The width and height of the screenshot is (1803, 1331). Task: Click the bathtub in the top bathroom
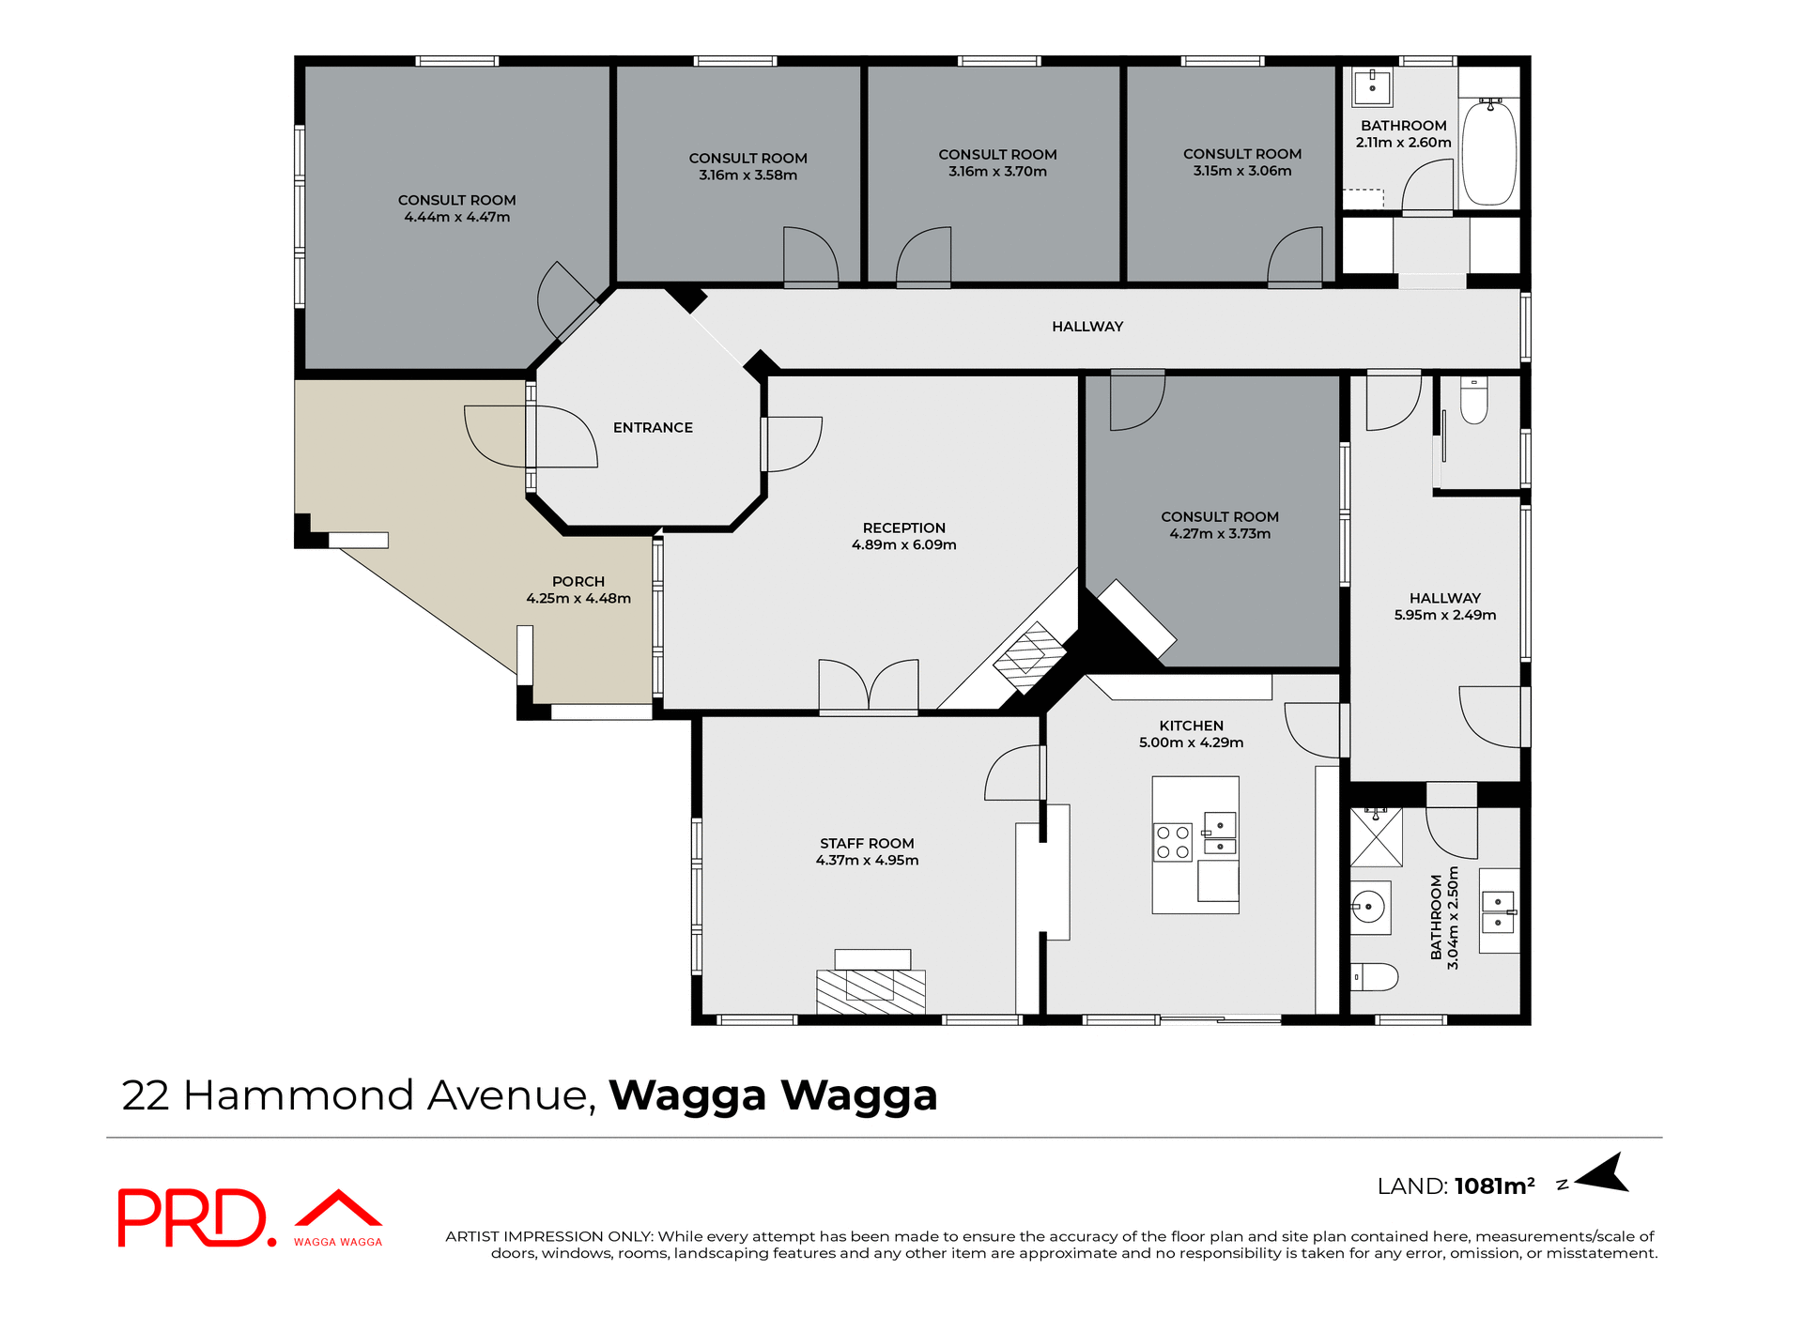click(x=1489, y=152)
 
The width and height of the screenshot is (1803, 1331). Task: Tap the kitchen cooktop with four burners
click(x=1172, y=842)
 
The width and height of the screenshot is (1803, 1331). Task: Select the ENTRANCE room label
click(x=653, y=427)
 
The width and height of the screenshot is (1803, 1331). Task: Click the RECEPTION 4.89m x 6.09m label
click(x=903, y=536)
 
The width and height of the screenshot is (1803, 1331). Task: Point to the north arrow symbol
click(x=1605, y=1174)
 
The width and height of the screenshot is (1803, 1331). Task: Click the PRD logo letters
click(x=192, y=1218)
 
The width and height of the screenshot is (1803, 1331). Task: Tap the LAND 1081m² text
click(x=1455, y=1186)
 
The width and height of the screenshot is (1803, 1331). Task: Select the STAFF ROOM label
click(x=867, y=851)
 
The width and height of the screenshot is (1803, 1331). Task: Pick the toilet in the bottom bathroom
click(x=1374, y=977)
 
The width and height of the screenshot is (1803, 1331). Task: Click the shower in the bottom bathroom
click(x=1376, y=836)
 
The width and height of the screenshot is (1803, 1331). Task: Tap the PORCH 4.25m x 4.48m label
click(x=578, y=589)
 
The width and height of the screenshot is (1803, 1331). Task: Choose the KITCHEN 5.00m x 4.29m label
click(x=1191, y=733)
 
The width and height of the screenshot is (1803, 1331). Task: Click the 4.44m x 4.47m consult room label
click(x=456, y=208)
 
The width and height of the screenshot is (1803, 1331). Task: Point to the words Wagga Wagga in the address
click(x=773, y=1095)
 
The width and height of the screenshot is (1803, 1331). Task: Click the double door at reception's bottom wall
click(x=869, y=688)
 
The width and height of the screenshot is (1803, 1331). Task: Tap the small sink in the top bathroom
click(x=1372, y=87)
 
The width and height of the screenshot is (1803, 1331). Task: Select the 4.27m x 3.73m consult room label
click(x=1219, y=525)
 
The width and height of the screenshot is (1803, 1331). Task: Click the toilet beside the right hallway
click(x=1473, y=401)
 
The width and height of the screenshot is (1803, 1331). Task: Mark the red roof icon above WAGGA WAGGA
click(x=338, y=1208)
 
